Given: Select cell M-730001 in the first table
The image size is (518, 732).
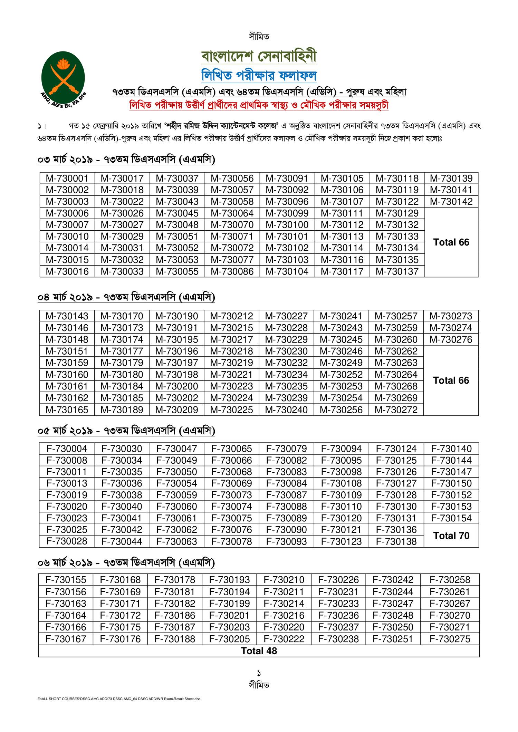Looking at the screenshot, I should [x=67, y=179].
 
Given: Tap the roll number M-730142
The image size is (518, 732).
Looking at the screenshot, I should [x=451, y=202].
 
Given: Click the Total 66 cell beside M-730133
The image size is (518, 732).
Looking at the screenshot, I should [x=451, y=242].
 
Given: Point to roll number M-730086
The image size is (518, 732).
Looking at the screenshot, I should [x=232, y=271].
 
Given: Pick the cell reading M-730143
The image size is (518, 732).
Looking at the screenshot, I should [x=67, y=316].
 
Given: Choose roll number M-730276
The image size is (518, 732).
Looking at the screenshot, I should [x=451, y=339].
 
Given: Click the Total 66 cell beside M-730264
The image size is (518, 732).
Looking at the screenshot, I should [x=451, y=381].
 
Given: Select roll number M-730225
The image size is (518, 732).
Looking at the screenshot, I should [x=232, y=410].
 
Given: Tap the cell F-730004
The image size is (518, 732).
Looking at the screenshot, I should [x=67, y=449].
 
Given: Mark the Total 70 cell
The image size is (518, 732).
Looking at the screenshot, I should [x=451, y=536].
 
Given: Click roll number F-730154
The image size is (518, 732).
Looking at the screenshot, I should [x=451, y=518].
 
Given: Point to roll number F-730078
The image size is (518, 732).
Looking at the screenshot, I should [x=232, y=541].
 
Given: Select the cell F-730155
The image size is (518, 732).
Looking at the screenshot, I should [x=66, y=580].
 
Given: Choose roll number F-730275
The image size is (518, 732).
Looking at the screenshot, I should [x=450, y=639].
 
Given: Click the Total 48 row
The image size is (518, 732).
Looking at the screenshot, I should [x=259, y=651].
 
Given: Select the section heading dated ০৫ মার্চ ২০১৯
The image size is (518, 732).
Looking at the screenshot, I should [x=126, y=431].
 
